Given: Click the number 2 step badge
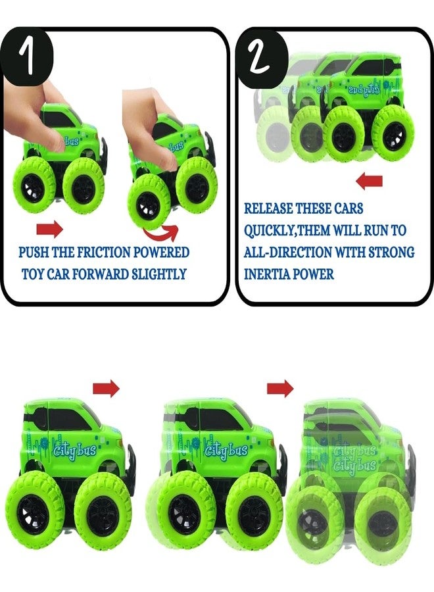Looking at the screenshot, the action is point(260,57).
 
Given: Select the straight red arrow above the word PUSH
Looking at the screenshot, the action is point(49,229).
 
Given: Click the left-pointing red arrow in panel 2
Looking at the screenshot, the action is point(370,182).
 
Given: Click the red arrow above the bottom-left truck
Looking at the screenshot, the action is point(106,388).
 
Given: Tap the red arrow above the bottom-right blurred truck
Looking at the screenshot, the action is point(280,388).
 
